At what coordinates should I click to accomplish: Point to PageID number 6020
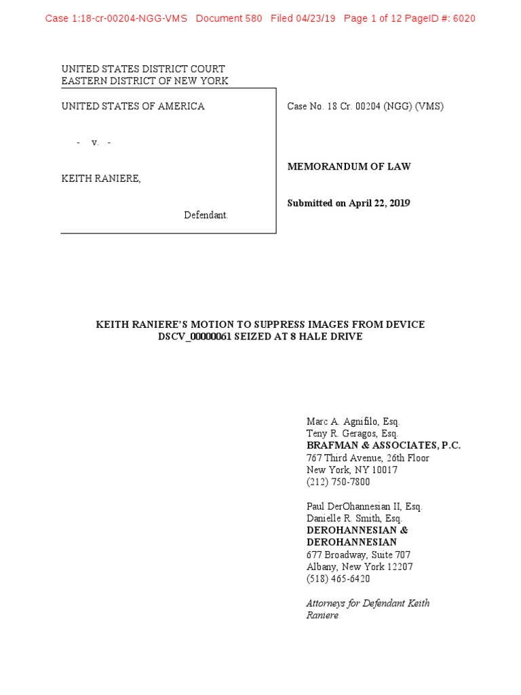463,18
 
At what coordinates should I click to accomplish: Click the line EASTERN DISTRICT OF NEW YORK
144,81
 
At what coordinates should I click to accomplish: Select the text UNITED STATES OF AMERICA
133,106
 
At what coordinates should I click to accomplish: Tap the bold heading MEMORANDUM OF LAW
349,166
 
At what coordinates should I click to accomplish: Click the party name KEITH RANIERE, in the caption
102,179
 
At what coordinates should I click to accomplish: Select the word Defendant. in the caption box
206,215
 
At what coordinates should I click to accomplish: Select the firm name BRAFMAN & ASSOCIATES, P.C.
383,445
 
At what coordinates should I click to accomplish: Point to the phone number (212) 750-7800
339,482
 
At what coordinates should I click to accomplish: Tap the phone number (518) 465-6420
339,579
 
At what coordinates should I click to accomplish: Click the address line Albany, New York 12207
360,567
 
